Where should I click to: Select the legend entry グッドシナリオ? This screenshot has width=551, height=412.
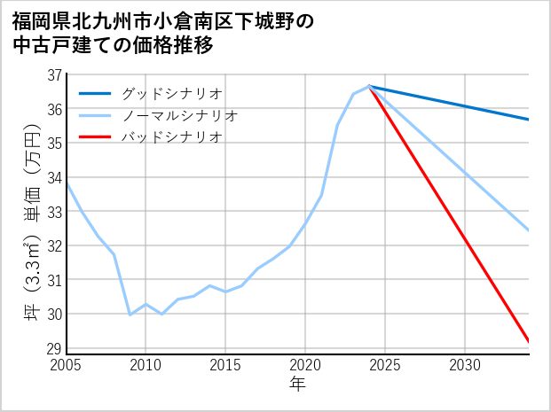[x=171, y=93]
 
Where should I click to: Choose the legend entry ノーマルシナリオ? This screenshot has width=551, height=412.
[x=179, y=115]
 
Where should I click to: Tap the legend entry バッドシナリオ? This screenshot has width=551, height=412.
[x=171, y=137]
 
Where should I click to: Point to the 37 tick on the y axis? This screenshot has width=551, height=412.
[x=55, y=75]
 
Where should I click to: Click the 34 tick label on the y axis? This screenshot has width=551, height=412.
[x=55, y=178]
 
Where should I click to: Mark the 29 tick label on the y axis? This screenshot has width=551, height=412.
[x=55, y=349]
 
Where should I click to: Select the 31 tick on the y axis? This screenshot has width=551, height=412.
[x=55, y=281]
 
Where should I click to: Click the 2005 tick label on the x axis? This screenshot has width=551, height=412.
[x=66, y=365]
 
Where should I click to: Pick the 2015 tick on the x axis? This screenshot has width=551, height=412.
[x=225, y=365]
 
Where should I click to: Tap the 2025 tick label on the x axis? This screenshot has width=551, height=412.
[x=385, y=365]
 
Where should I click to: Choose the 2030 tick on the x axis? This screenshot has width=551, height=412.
[x=465, y=365]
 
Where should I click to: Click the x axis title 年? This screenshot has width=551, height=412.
[x=297, y=385]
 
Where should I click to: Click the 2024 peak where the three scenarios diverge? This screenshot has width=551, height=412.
[x=369, y=87]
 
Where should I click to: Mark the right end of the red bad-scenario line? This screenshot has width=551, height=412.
[x=529, y=341]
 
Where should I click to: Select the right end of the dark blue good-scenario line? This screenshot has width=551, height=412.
[x=529, y=120]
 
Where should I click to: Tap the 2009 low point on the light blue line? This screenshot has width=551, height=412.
[x=130, y=315]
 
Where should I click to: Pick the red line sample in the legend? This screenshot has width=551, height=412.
[x=96, y=137]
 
